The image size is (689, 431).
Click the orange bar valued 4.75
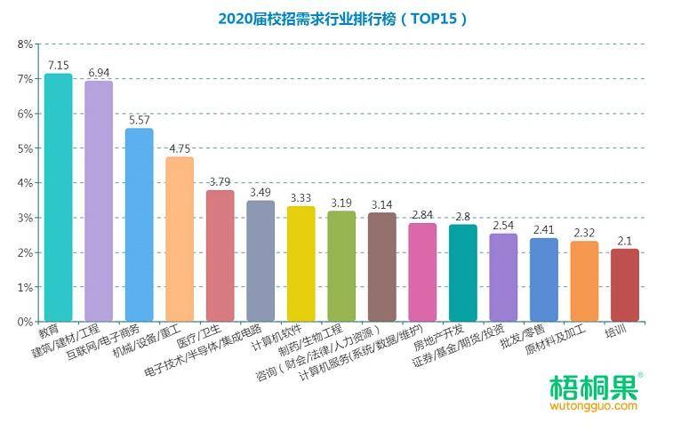click(x=180, y=239)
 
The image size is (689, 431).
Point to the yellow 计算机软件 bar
click(x=301, y=264)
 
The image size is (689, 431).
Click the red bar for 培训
click(x=625, y=285)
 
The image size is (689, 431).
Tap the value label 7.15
click(x=59, y=66)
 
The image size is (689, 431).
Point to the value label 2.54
click(x=503, y=226)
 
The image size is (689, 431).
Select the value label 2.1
click(x=625, y=241)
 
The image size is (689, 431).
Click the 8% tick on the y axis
click(x=25, y=44)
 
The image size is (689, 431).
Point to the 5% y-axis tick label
click(x=25, y=148)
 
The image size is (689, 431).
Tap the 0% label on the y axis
click(x=25, y=322)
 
